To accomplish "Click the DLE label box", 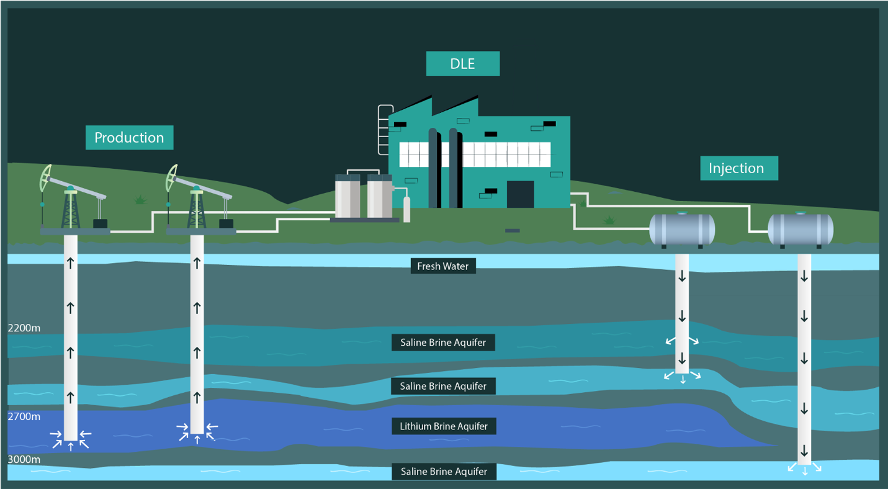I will click(x=462, y=63).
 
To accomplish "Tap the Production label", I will click(x=129, y=137).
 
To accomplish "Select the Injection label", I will click(x=738, y=168).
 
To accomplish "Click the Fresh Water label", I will click(x=442, y=266).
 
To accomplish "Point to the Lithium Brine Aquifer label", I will click(x=443, y=426).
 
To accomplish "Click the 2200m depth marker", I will click(x=24, y=328).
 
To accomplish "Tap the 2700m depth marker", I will click(x=24, y=417).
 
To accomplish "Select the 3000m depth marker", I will click(x=24, y=460).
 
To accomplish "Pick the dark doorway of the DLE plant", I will click(x=520, y=194).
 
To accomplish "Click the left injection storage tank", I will click(x=682, y=230).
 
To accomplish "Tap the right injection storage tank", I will click(x=801, y=230).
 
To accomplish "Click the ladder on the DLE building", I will click(x=384, y=130).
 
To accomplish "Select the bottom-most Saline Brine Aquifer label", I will click(x=444, y=472).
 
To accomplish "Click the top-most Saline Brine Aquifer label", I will click(x=443, y=343).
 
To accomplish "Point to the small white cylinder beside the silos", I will click(x=407, y=209).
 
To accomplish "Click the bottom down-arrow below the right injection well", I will click(x=805, y=471).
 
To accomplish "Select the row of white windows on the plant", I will click(x=475, y=155).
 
